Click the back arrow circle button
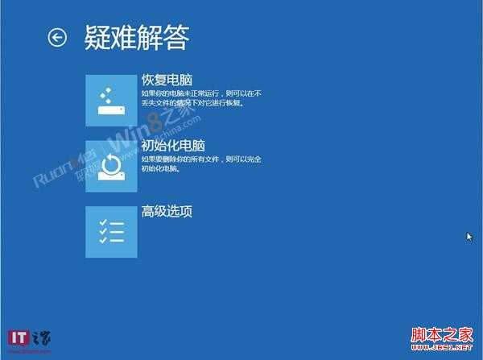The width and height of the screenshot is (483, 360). coord(57,37)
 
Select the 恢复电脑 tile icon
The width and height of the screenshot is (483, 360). coord(111,100)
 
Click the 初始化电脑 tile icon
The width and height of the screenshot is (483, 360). coord(111,166)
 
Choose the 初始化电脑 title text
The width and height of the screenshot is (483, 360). coord(172,146)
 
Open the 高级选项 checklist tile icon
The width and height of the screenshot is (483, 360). coord(111,232)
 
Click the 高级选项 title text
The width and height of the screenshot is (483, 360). coord(166,212)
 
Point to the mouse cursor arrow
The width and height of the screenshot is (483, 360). coord(469,237)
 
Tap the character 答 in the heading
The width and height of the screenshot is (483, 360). coord(177,37)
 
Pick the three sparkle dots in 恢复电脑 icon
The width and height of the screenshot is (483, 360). coord(105,95)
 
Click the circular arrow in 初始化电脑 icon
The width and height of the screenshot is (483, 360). coord(111,165)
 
